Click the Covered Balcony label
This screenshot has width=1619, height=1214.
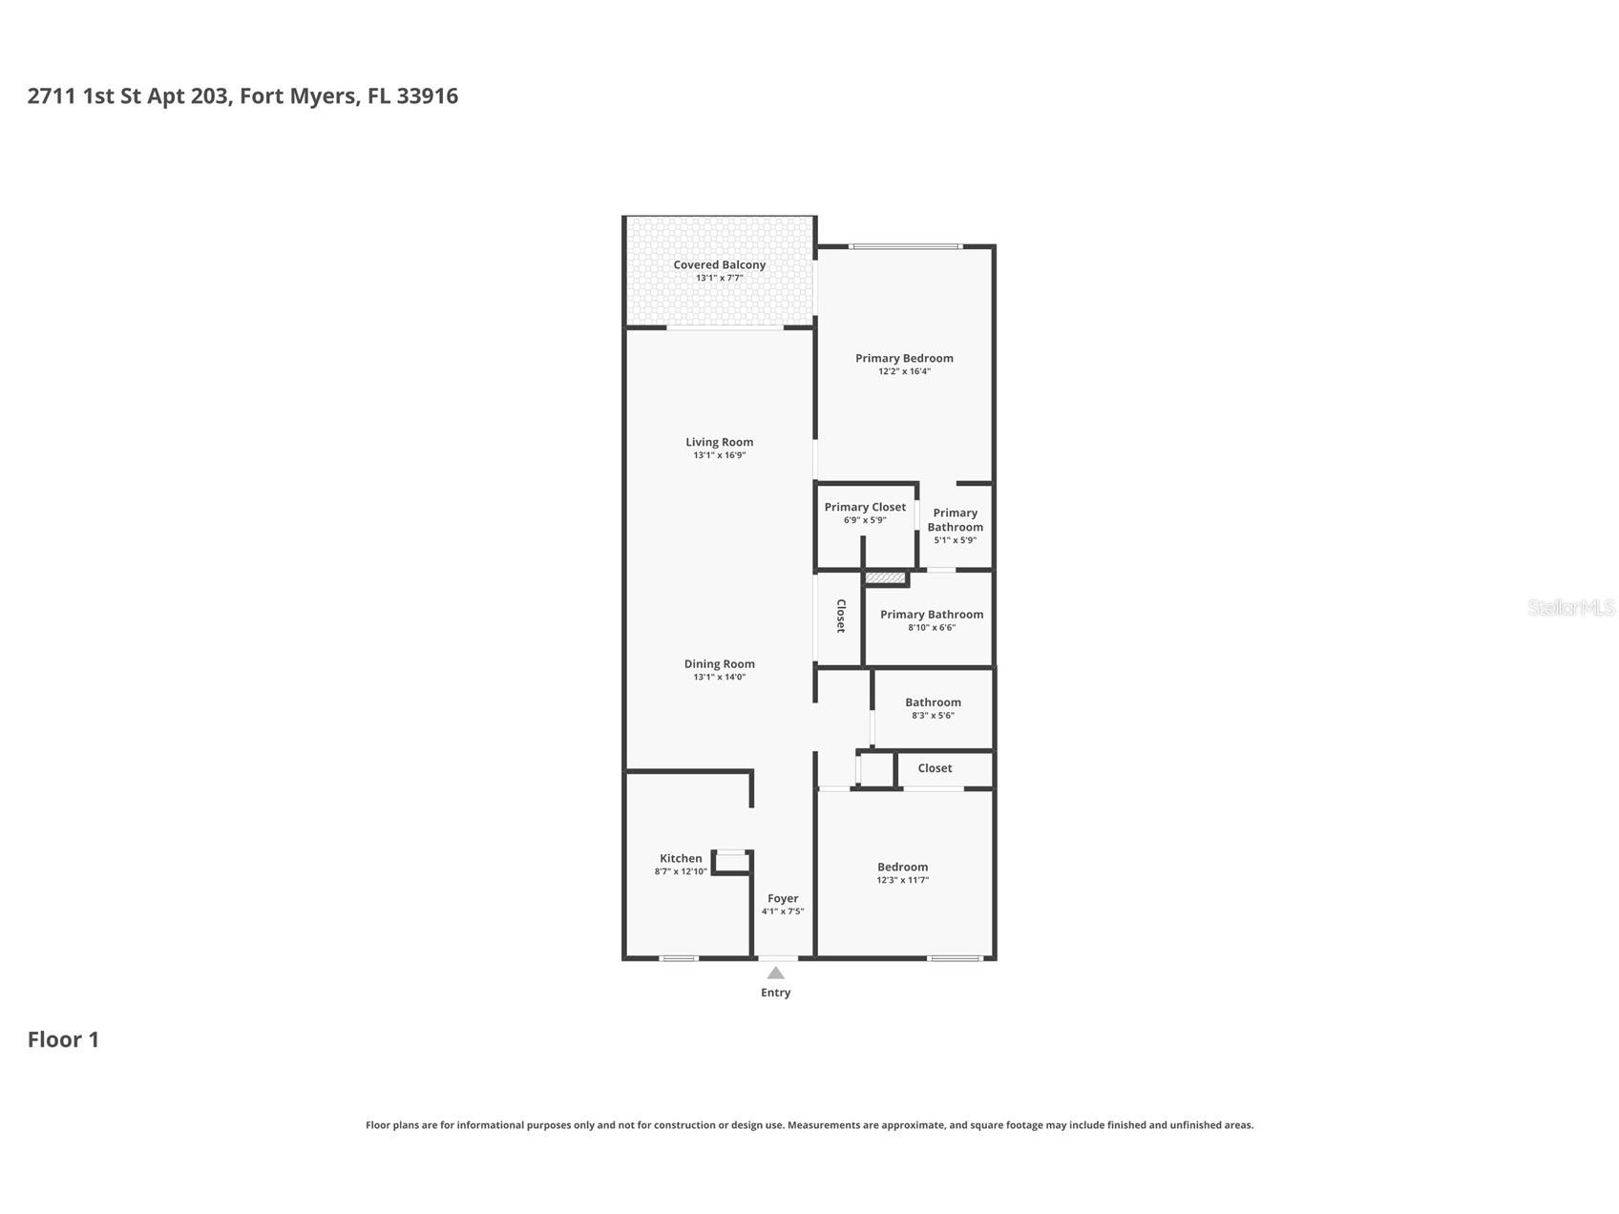pos(719,264)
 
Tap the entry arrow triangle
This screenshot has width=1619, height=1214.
pos(775,973)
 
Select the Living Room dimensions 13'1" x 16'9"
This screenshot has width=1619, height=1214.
pos(719,455)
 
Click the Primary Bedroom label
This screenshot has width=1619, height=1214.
pos(903,358)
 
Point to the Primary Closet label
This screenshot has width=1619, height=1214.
pos(865,507)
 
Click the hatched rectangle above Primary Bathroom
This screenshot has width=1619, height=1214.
pos(885,577)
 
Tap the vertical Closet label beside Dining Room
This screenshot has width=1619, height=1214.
pos(840,616)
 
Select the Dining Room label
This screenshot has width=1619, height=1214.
pos(719,663)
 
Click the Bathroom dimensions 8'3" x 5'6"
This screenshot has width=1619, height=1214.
pos(933,715)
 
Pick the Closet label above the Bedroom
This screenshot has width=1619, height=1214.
pos(935,767)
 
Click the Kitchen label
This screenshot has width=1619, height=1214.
pos(681,858)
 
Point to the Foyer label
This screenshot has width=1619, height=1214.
pos(783,898)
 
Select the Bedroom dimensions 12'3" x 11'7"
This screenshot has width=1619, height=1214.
pos(902,880)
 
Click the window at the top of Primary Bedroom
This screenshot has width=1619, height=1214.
pos(905,247)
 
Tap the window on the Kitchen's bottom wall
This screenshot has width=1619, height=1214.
pos(679,957)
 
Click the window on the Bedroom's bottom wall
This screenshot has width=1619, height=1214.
pos(955,957)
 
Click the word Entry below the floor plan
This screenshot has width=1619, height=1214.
pos(775,993)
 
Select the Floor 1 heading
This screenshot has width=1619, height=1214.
pos(63,1039)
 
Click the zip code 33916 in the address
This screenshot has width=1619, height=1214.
pos(427,95)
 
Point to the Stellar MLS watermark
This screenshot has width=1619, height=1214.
pos(1569,607)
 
